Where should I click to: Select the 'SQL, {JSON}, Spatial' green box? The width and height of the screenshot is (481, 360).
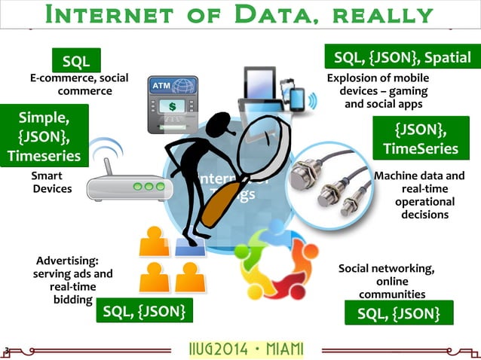402,57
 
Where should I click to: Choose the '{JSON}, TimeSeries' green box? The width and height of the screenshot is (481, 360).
420,138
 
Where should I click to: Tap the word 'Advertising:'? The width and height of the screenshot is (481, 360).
67,261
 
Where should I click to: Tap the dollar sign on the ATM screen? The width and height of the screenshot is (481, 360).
172,106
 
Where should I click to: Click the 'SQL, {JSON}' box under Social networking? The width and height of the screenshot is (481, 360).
399,313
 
